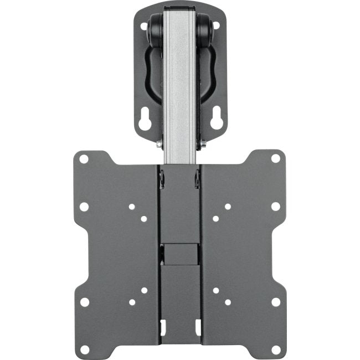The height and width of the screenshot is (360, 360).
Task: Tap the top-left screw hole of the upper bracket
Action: (144, 25)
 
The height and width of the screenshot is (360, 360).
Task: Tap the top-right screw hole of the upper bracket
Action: (215, 25)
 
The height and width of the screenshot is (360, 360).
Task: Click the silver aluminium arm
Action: (180, 83)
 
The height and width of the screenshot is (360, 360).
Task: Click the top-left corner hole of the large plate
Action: (83, 159)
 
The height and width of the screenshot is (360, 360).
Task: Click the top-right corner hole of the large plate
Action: (276, 158)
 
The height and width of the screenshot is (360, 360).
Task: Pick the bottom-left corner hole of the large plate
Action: (84, 349)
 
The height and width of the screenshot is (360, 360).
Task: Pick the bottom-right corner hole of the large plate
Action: (275, 349)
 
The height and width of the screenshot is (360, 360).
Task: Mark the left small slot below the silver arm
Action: (162, 178)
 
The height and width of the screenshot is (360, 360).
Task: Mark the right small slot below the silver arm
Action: (197, 178)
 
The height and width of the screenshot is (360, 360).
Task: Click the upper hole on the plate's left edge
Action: (84, 207)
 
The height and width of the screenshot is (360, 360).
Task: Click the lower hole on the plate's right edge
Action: (276, 302)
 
